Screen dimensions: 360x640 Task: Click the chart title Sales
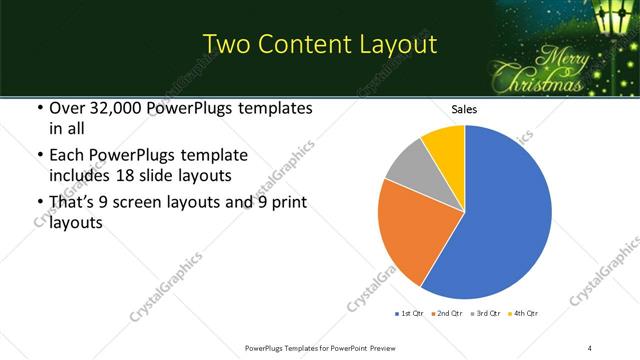coord(465,109)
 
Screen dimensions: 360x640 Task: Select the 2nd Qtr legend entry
coord(448,314)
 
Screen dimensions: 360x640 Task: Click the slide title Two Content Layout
coord(319,45)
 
